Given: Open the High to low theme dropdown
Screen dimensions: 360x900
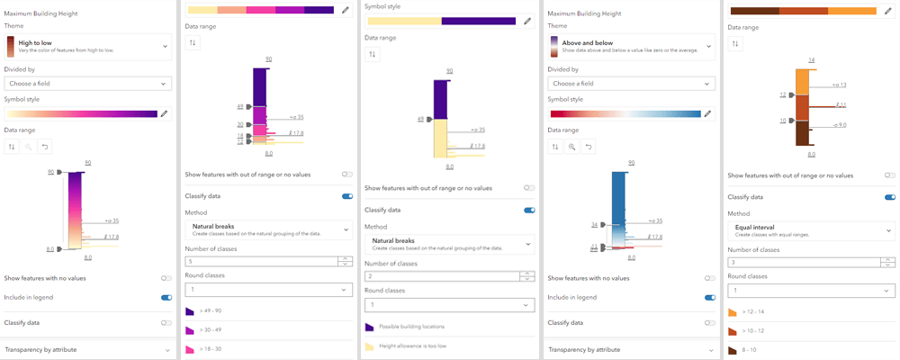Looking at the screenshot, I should pyautogui.click(x=87, y=46).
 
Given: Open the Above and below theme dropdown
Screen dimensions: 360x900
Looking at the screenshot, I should pyautogui.click(x=630, y=46).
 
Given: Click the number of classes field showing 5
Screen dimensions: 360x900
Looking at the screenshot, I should pyautogui.click(x=261, y=261).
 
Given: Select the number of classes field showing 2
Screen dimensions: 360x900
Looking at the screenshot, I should pyautogui.click(x=441, y=275).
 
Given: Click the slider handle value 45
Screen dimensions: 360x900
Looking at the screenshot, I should pyautogui.click(x=420, y=119).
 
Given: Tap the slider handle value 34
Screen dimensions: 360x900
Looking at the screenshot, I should pyautogui.click(x=594, y=225).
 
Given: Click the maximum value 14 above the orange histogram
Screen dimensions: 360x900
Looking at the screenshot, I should pyautogui.click(x=811, y=59).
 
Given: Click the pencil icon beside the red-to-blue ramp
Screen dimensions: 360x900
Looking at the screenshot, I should pyautogui.click(x=708, y=113).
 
